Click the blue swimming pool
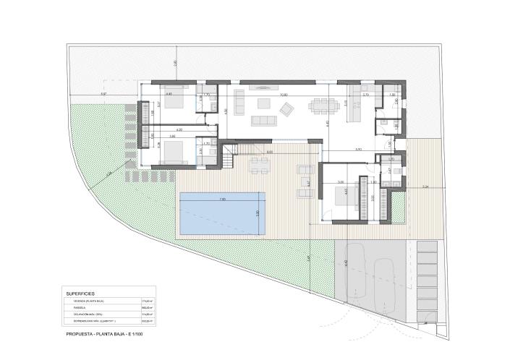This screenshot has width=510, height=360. pos(224,213)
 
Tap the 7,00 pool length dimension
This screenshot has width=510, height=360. pos(222,199)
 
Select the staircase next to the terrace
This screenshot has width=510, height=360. pos(230,155)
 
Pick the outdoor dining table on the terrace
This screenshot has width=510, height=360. pos(258,166)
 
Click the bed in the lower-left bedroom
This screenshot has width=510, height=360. pos(173,151)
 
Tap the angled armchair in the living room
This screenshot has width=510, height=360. pos(288,109)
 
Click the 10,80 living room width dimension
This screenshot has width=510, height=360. pos(284,95)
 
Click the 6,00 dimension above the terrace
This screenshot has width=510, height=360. pos(269,152)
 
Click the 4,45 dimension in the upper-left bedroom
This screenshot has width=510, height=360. pos(169,94)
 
